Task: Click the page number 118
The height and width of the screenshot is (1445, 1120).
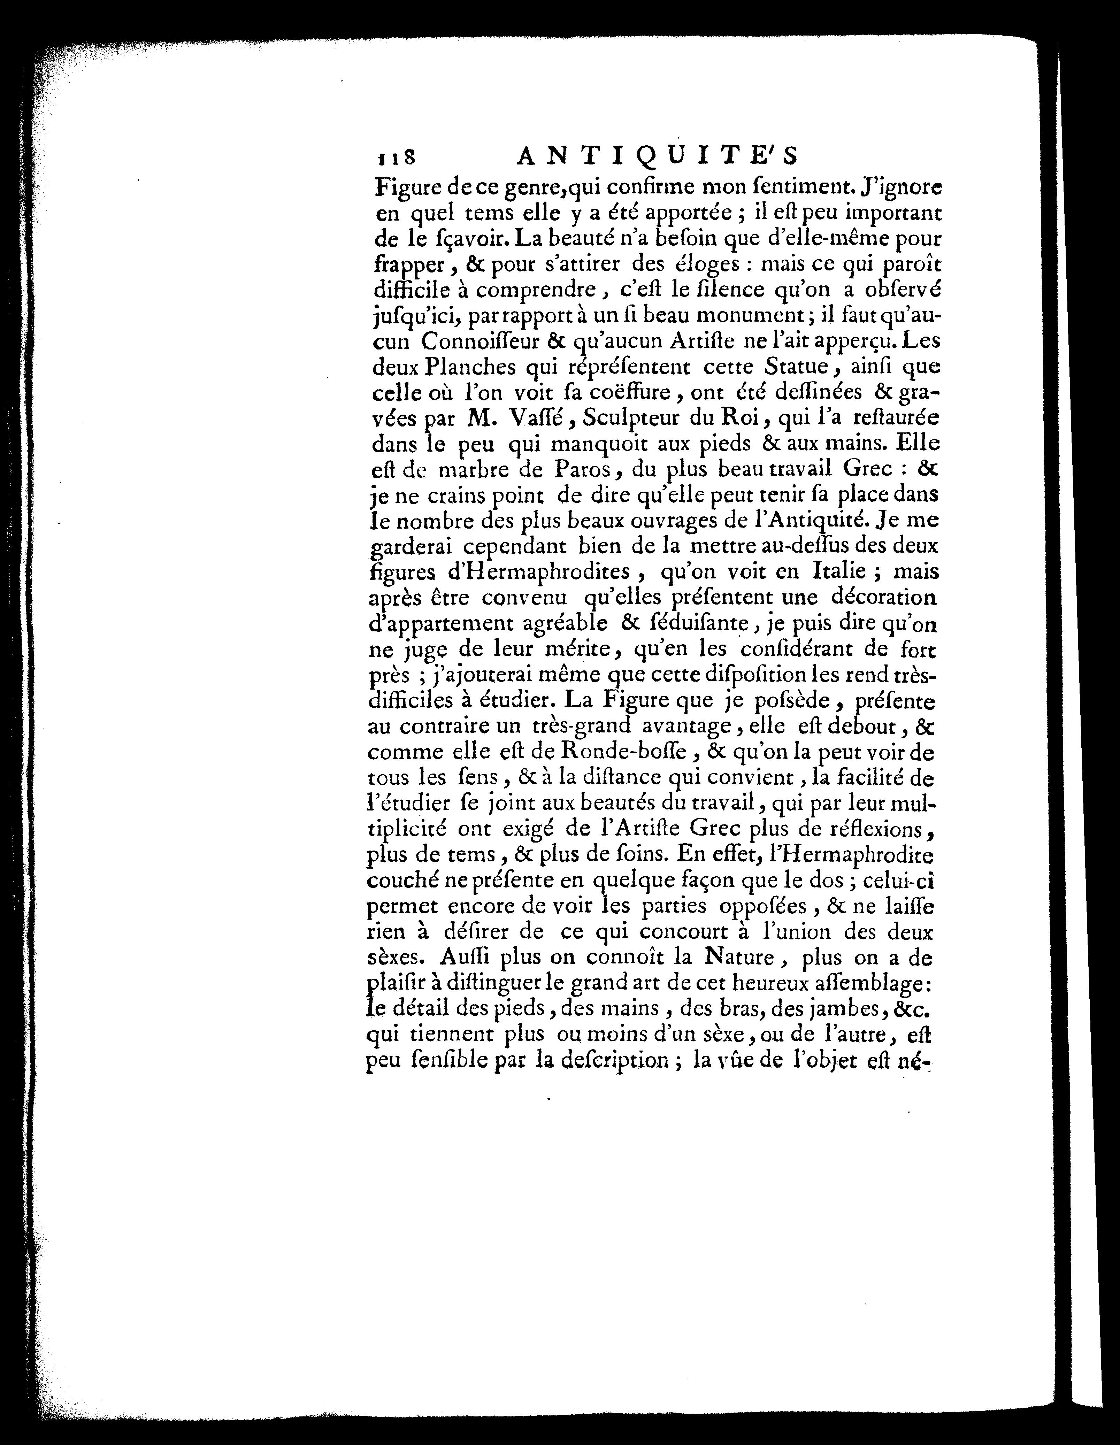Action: tap(396, 157)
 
